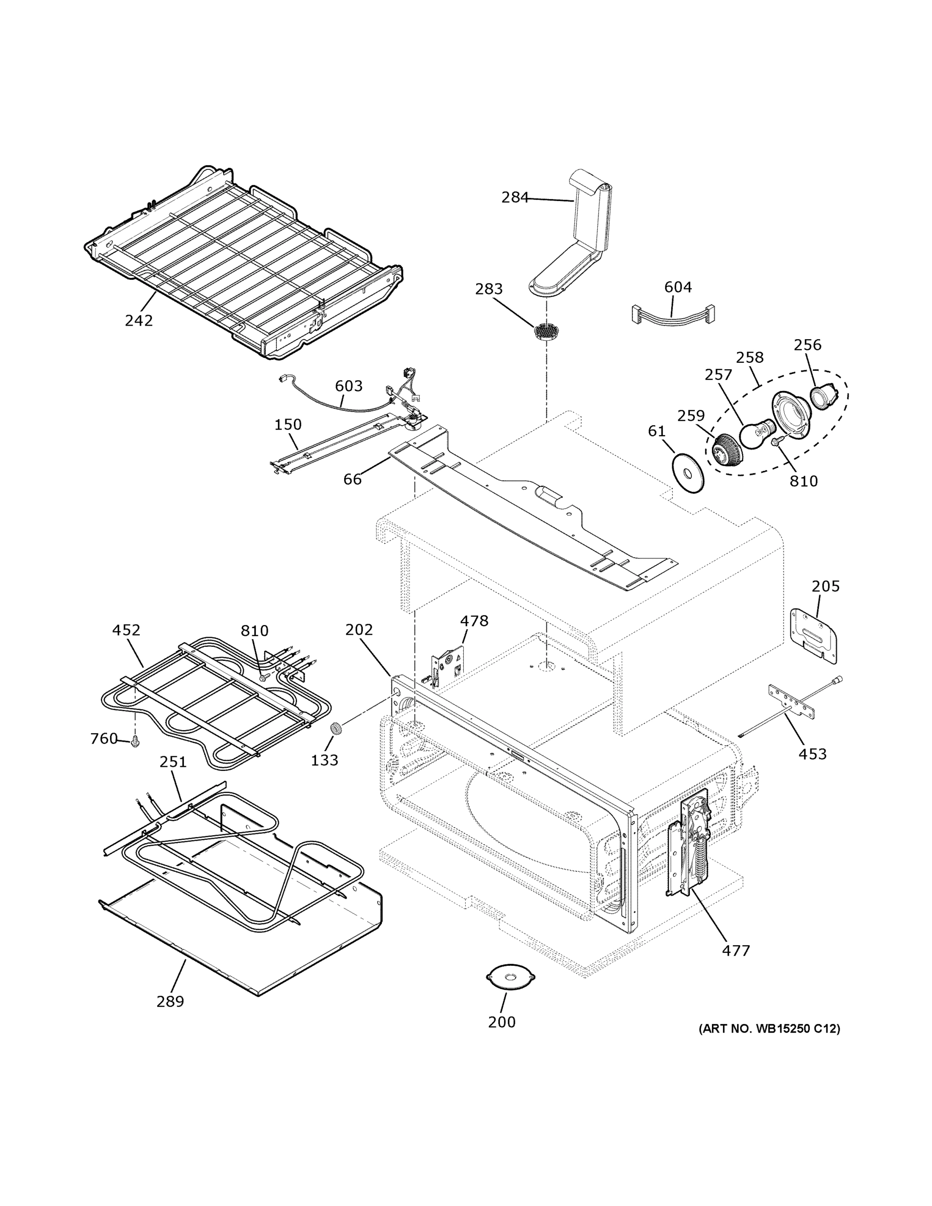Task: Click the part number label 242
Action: point(139,320)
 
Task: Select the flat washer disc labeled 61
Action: point(688,473)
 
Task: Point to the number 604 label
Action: point(678,287)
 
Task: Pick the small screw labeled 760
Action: point(135,743)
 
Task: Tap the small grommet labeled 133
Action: point(335,728)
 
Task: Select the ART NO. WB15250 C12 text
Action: point(769,1029)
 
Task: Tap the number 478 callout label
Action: point(474,621)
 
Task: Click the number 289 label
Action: point(170,1001)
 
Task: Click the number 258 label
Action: point(750,357)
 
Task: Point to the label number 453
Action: point(813,754)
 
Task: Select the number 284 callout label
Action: point(515,197)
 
